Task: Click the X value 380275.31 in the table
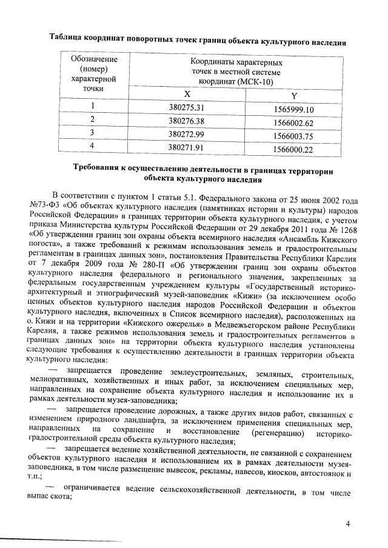pyautogui.click(x=185, y=108)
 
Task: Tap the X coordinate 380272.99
pyautogui.click(x=185, y=133)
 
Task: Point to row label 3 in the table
pyautogui.click(x=92, y=132)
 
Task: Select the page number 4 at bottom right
pyautogui.click(x=348, y=523)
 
